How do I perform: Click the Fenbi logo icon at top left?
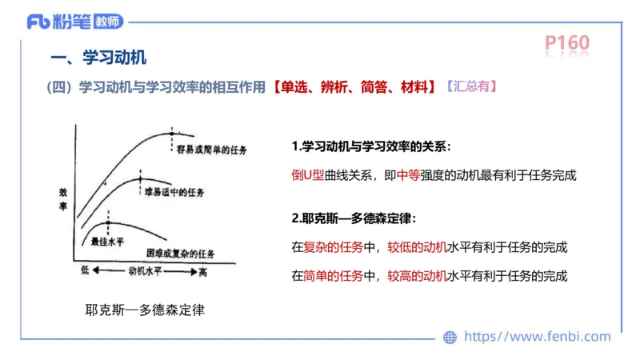point(37,22)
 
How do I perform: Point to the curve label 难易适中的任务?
point(174,193)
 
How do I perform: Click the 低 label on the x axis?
point(85,272)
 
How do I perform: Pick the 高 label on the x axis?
point(202,273)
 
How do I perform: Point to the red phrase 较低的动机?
point(417,246)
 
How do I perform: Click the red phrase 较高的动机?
point(417,277)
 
